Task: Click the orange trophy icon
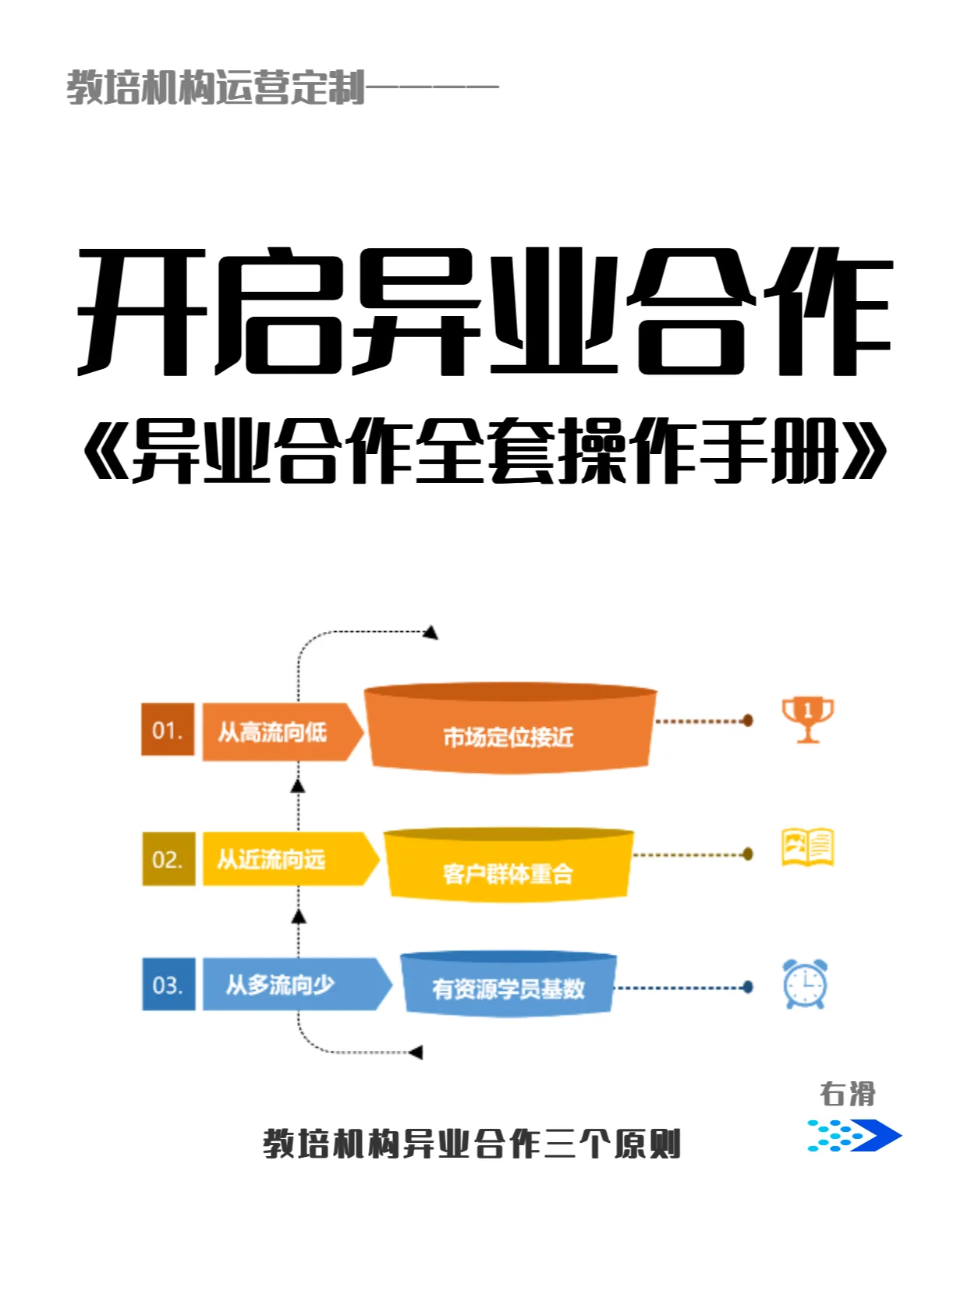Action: click(x=807, y=718)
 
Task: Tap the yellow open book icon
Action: click(x=807, y=847)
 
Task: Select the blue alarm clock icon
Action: click(x=805, y=984)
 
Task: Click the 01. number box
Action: click(x=167, y=730)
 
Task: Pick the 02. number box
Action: click(x=168, y=859)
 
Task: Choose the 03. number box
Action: click(x=168, y=985)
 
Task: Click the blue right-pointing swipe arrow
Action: click(x=855, y=1135)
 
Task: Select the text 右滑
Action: click(x=847, y=1094)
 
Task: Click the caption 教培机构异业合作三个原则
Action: click(x=472, y=1144)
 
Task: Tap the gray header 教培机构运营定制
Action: click(x=215, y=87)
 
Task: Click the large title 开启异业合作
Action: click(x=484, y=312)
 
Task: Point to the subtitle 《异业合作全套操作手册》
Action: click(x=484, y=450)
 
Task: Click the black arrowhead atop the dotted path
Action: click(x=430, y=632)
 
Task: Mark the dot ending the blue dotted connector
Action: click(x=748, y=988)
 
